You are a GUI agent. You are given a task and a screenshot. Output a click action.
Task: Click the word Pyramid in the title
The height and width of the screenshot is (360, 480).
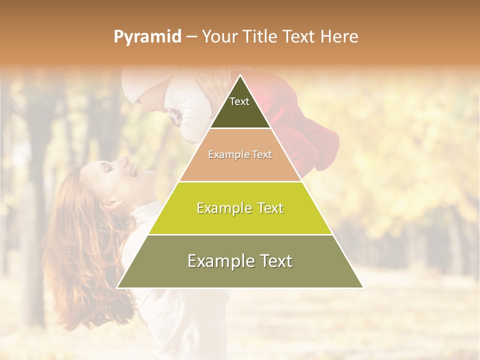point(147,37)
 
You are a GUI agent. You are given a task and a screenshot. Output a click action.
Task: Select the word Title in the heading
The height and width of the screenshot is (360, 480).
point(260,36)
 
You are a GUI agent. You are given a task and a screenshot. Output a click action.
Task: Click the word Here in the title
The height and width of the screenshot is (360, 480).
point(339,36)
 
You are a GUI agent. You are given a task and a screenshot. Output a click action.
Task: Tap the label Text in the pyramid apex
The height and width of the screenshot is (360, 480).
point(239,101)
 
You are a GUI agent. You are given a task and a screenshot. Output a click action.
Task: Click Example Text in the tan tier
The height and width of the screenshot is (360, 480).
point(240,154)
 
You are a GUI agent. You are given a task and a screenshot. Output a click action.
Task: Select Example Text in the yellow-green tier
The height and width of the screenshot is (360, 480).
point(240,208)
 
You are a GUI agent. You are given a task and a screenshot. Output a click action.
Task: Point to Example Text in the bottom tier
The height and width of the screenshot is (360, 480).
point(240,261)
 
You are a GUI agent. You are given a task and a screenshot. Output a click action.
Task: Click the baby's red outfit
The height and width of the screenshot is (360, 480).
point(300,130)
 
